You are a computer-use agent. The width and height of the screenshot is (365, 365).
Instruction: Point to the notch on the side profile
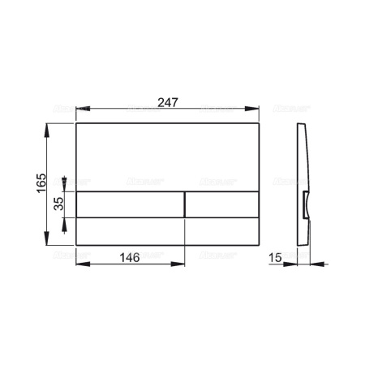click(305, 205)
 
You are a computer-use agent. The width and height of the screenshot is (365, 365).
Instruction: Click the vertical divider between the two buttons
click(186, 206)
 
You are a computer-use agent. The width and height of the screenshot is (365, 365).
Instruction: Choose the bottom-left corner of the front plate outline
click(76, 246)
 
